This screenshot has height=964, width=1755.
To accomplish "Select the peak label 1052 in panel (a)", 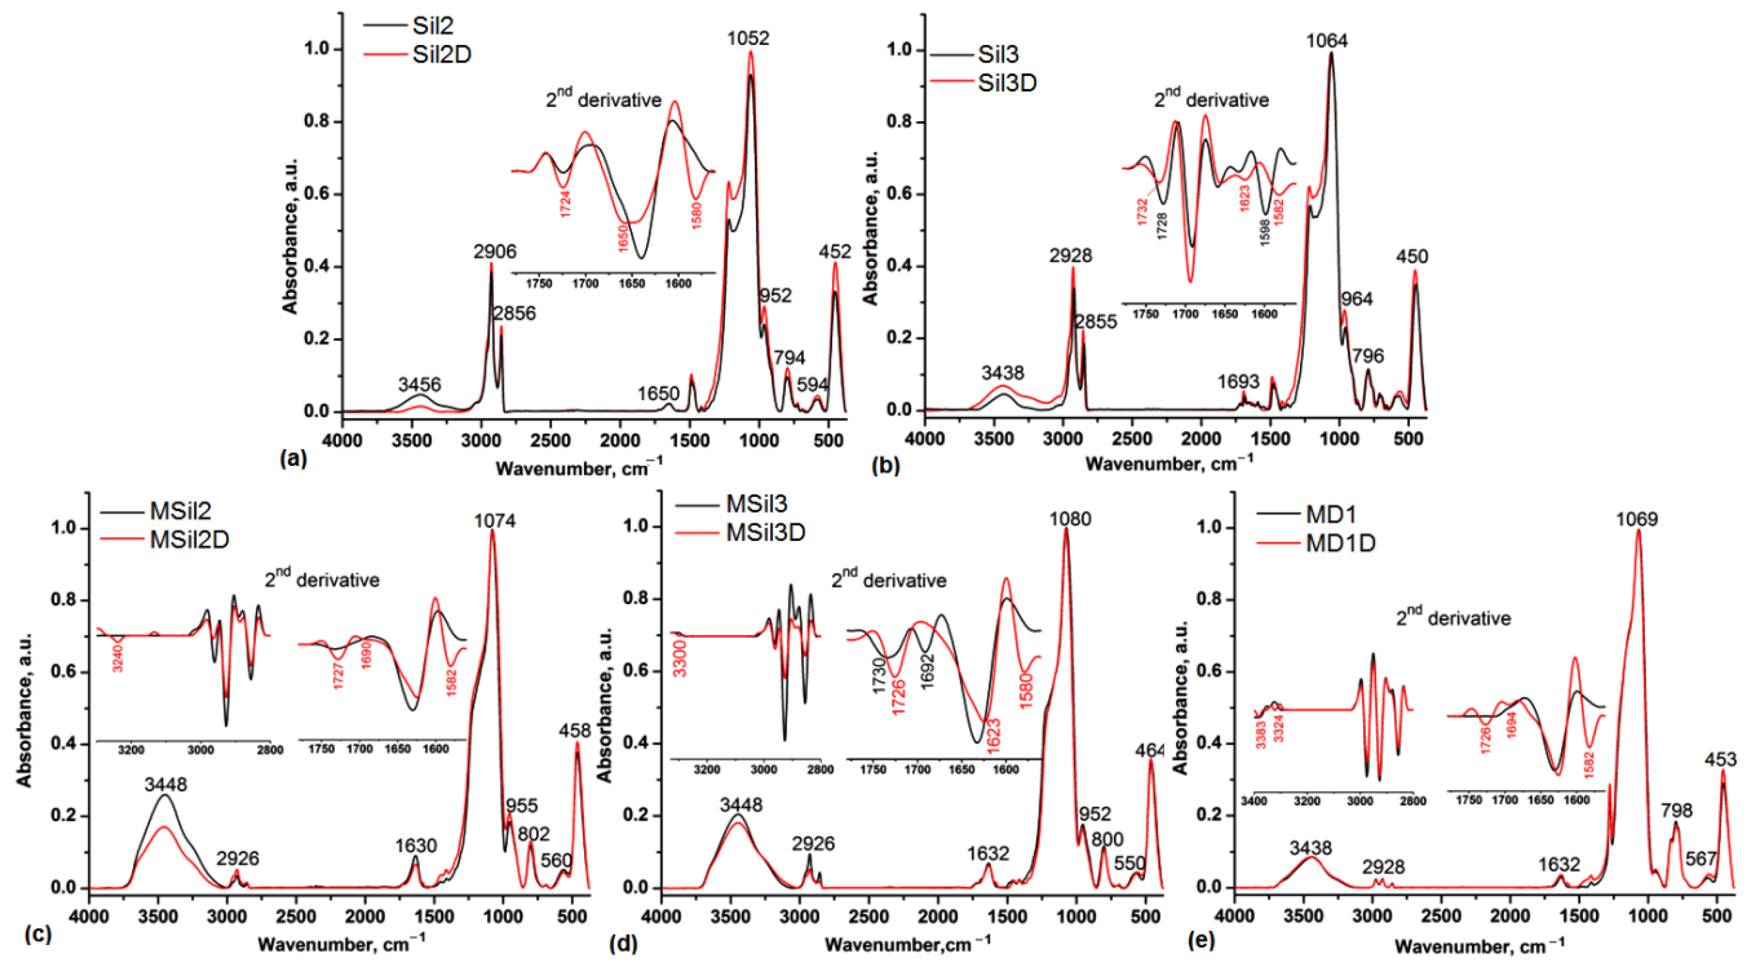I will (x=748, y=38).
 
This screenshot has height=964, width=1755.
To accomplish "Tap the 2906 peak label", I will (x=495, y=251).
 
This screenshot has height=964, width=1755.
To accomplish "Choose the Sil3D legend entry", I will (x=1007, y=83).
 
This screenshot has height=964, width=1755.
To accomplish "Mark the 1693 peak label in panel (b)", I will (x=1238, y=382).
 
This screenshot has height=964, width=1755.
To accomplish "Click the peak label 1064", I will (x=1326, y=41).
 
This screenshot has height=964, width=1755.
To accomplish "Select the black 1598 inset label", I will (x=1264, y=231).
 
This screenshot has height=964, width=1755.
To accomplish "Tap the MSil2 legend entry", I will (x=181, y=510).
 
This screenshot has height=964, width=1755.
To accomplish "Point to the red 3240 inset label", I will (x=118, y=658).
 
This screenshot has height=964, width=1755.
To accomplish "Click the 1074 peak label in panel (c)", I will (x=495, y=521).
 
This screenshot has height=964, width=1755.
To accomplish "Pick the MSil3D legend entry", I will (x=766, y=532).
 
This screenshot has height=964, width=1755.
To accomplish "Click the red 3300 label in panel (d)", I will (x=679, y=658).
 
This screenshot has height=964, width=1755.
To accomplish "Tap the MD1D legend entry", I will (x=1341, y=543).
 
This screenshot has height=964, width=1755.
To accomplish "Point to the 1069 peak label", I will (x=1636, y=519).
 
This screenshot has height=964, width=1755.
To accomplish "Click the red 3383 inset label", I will (x=1261, y=735).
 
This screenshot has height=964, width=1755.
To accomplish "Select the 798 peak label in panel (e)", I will (x=1676, y=810).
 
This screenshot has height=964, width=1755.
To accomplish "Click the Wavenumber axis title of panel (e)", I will (x=1479, y=946).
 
